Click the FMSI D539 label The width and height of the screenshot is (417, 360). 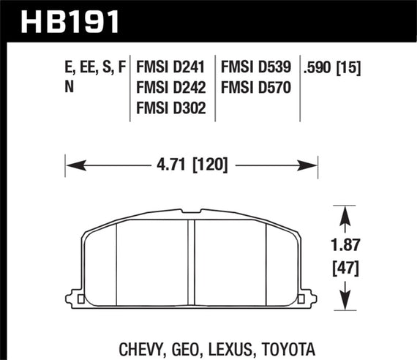[257, 68]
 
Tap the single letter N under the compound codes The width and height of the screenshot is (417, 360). [70, 88]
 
